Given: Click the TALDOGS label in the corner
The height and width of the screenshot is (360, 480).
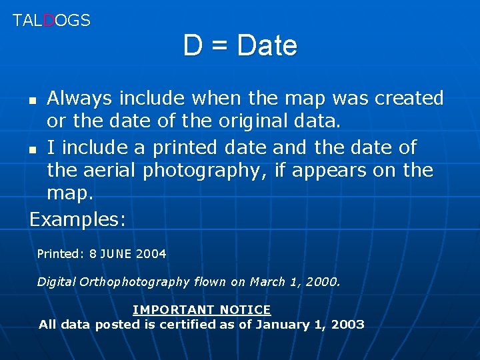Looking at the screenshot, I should coord(51,20).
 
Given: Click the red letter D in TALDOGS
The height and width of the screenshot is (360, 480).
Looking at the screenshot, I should coord(48,20).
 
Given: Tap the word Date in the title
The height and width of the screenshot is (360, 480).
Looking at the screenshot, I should coord(267,45).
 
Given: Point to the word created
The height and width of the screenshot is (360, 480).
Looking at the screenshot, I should coord(409,99).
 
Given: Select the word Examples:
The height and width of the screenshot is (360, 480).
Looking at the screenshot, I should coord(77,219).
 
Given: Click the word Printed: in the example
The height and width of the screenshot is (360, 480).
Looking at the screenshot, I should coord(60,254).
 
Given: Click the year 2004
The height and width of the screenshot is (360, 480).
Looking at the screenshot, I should coord(151,254).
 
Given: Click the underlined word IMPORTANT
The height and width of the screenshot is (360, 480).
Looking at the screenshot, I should coord(173,310).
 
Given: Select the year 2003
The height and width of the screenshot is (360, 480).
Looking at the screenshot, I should coord(348,325).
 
